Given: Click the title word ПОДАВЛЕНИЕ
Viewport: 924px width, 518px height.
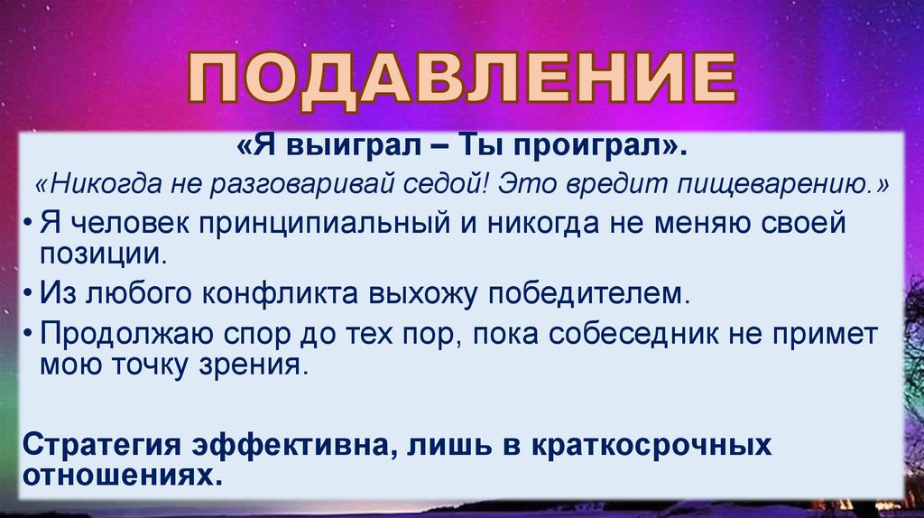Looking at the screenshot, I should click(x=462, y=80).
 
